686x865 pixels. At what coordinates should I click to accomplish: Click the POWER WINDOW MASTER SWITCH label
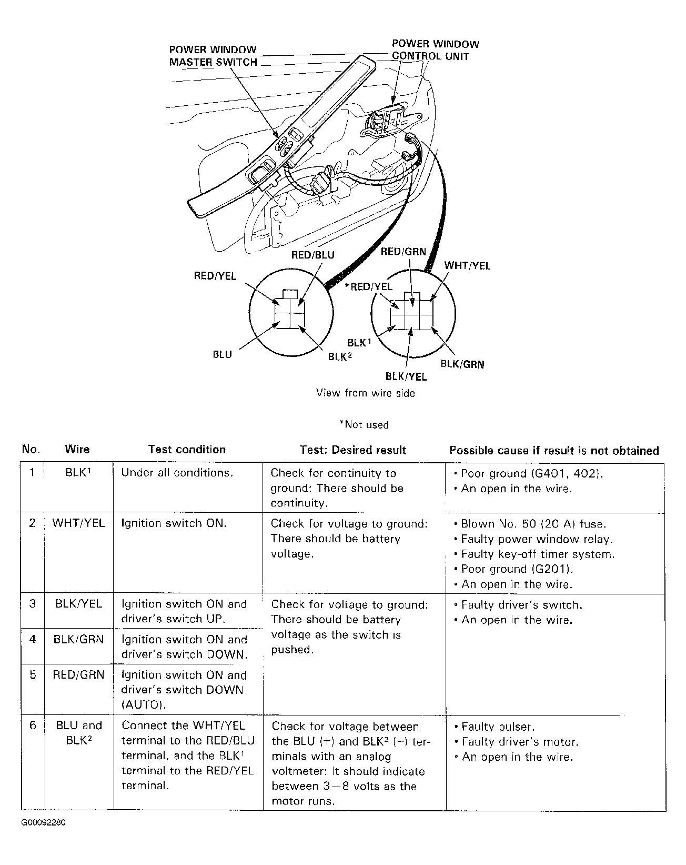tap(213, 56)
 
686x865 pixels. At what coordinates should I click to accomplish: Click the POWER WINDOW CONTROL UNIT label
tap(436, 50)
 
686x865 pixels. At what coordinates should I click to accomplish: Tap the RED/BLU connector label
tap(313, 255)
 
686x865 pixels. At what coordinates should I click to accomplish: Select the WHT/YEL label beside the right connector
tap(467, 266)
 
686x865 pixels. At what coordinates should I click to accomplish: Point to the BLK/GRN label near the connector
tap(462, 364)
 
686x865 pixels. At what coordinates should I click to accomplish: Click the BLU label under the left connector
tap(222, 354)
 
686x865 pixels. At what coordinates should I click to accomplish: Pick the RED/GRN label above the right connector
tap(403, 252)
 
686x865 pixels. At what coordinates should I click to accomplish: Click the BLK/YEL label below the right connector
tap(406, 376)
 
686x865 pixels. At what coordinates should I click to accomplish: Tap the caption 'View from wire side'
tap(365, 393)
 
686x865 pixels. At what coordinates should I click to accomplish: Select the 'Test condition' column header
tap(187, 450)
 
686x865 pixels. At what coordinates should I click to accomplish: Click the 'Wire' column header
tap(77, 450)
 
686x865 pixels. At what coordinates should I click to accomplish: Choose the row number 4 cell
tap(33, 640)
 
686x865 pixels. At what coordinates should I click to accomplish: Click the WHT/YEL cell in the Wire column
tap(78, 523)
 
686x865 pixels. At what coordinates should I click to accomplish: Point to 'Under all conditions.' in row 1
tap(177, 473)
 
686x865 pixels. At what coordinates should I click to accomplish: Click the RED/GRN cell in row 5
tap(78, 675)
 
